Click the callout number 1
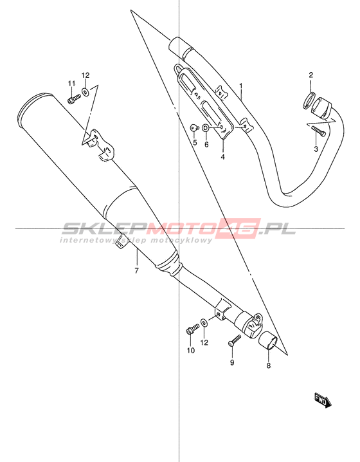pyautogui.click(x=241, y=86)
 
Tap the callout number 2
pyautogui.click(x=311, y=75)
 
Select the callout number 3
pyautogui.click(x=316, y=149)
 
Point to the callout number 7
pyautogui.click(x=136, y=270)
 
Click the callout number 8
pyautogui.click(x=269, y=365)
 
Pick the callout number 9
pyautogui.click(x=232, y=362)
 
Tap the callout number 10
pyautogui.click(x=191, y=350)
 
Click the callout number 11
pyautogui.click(x=71, y=84)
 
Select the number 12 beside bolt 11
pyautogui.click(x=85, y=75)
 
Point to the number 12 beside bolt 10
pyautogui.click(x=204, y=342)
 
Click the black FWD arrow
pyautogui.click(x=323, y=400)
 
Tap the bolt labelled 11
pyautogui.click(x=74, y=98)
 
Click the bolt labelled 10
pyautogui.click(x=192, y=329)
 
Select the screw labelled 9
pyautogui.click(x=235, y=340)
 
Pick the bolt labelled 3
pyautogui.click(x=318, y=131)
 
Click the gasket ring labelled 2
pyautogui.click(x=309, y=100)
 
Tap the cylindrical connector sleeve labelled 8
pyautogui.click(x=268, y=340)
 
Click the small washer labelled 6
pyautogui.click(x=206, y=128)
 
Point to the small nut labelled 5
pyautogui.click(x=194, y=127)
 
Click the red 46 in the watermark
pyautogui.click(x=239, y=228)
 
